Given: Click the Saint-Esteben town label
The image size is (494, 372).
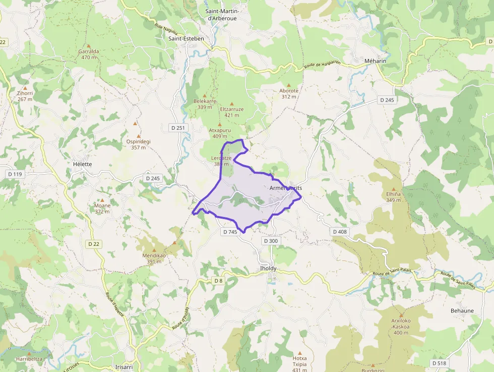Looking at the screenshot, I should point(186,38).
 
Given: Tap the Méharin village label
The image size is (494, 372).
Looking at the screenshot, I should point(375,61).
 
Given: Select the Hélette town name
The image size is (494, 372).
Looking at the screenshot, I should point(82,164).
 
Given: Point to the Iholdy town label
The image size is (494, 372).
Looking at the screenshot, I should point(268,268).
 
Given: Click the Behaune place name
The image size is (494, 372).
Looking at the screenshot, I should point(462,310).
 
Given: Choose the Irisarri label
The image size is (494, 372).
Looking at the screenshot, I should point(124,367).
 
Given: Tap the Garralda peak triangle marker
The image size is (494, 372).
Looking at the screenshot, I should point(88,46).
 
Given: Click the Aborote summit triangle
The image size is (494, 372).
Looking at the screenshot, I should point(289,85).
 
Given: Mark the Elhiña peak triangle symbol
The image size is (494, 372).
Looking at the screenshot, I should point(394,189).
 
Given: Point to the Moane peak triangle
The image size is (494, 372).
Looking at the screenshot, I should point(102,200).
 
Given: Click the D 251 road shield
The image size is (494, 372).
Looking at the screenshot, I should point(178,128).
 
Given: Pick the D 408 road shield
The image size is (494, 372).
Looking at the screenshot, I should point(340,231).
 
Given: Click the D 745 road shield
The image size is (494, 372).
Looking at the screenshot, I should point(229,232).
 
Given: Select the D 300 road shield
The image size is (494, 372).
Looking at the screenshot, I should point(270,241).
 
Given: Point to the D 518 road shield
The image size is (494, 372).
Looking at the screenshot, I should point(439,363).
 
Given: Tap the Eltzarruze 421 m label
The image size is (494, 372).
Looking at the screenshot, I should point(232,112).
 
